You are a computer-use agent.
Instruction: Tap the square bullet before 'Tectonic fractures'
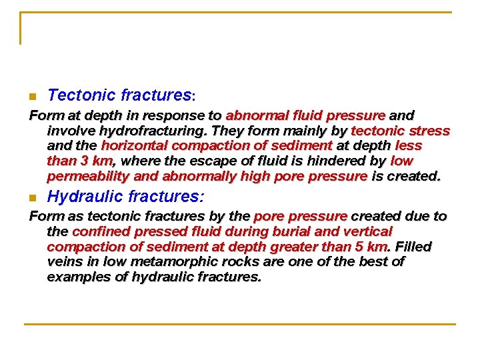tap(32, 97)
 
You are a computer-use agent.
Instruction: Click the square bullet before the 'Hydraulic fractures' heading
tap(32, 199)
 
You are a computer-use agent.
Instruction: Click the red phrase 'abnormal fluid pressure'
tap(305, 115)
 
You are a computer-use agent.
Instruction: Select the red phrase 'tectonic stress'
tap(400, 131)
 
